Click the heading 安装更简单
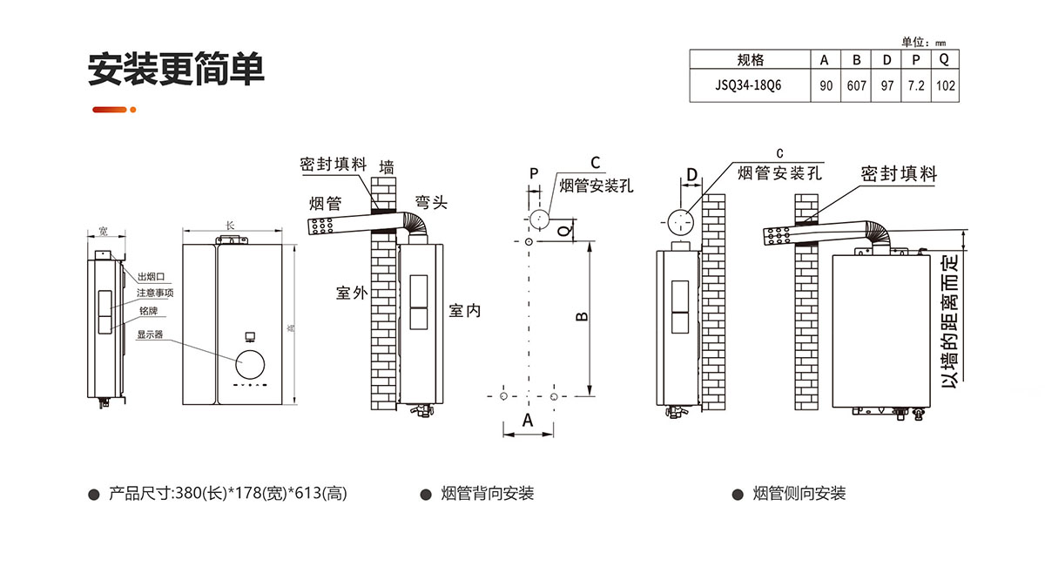click(176, 69)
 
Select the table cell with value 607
click(856, 86)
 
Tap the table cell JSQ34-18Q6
click(749, 86)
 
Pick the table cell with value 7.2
click(915, 86)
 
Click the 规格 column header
click(749, 60)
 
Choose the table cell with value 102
click(945, 86)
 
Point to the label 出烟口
click(151, 275)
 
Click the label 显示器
click(151, 334)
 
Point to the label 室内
click(464, 310)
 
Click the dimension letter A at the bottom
click(528, 420)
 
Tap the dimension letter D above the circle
click(691, 175)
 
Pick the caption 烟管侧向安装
click(799, 494)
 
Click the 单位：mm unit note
click(923, 41)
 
